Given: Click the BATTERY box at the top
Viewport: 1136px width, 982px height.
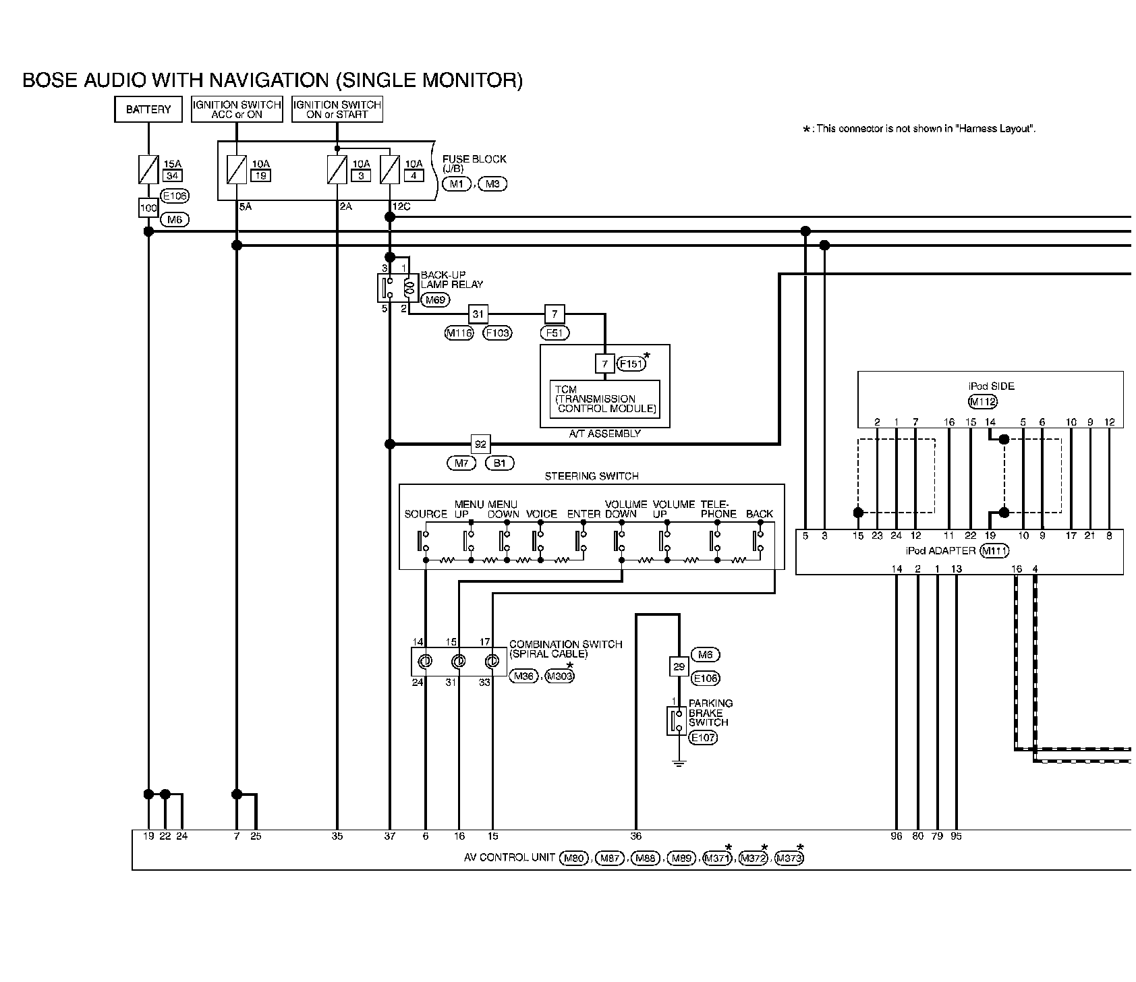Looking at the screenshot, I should pyautogui.click(x=148, y=109).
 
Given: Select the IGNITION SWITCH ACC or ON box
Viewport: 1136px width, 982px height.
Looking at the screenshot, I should pyautogui.click(x=237, y=109).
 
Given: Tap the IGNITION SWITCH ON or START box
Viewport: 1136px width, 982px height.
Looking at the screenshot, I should pyautogui.click(x=337, y=109).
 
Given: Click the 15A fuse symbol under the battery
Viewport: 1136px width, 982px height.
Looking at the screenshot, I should pyautogui.click(x=148, y=169).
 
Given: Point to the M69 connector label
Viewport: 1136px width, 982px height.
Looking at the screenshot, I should pyautogui.click(x=436, y=300).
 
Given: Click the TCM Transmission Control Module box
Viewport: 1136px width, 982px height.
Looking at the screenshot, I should pyautogui.click(x=605, y=399).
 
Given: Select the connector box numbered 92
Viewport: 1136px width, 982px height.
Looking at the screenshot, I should pyautogui.click(x=481, y=444).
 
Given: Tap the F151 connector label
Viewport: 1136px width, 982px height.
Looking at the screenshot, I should pyautogui.click(x=632, y=364).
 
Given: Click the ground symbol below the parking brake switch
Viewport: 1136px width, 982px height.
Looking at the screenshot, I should pyautogui.click(x=679, y=763).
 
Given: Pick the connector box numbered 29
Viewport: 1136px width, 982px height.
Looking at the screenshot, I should pyautogui.click(x=679, y=666).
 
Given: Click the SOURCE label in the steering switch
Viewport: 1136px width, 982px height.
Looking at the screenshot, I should pyautogui.click(x=426, y=514).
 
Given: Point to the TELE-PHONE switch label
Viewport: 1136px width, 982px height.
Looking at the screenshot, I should pyautogui.click(x=718, y=509).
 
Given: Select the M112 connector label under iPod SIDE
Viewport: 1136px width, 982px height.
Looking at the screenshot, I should pyautogui.click(x=982, y=402).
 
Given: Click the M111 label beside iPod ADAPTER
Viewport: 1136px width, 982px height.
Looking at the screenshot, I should pyautogui.click(x=994, y=551).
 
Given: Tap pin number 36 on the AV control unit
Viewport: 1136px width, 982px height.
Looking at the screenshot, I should pyautogui.click(x=635, y=836).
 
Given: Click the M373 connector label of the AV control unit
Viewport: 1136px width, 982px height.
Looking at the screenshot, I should pyautogui.click(x=789, y=859).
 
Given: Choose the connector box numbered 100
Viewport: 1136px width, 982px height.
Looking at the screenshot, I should pyautogui.click(x=148, y=208).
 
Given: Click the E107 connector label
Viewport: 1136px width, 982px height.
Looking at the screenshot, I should pyautogui.click(x=703, y=738).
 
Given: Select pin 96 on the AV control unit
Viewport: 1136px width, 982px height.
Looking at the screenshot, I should pyautogui.click(x=896, y=836).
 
